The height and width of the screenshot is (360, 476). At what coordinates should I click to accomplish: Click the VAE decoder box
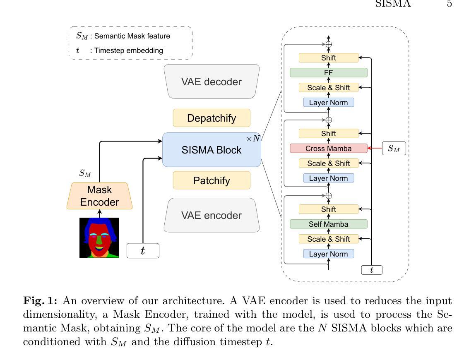click(212, 82)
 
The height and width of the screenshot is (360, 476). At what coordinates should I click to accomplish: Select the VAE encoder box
click(212, 215)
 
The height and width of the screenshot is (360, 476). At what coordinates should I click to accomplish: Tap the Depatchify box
click(212, 118)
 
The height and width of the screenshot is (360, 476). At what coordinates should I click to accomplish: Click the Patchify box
click(212, 180)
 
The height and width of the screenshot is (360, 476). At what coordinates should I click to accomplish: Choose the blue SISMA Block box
click(212, 150)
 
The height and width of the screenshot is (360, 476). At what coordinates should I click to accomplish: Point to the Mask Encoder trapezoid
click(100, 196)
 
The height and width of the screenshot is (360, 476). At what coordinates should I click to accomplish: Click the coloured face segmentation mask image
click(99, 238)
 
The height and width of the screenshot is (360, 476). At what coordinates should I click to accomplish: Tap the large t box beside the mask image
click(143, 251)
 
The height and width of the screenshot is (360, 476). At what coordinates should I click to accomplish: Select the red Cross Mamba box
click(329, 148)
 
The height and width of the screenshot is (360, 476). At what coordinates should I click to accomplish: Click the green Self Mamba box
click(329, 224)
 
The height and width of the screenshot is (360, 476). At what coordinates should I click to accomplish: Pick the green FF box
click(329, 73)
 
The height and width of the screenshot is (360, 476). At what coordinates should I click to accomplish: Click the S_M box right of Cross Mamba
click(394, 149)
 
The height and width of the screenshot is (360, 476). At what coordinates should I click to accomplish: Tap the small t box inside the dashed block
click(372, 270)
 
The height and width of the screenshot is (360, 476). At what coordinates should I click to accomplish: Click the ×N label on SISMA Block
click(253, 139)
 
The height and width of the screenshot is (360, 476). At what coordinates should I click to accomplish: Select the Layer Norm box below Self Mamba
click(329, 254)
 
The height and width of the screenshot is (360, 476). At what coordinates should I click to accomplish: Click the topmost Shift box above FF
click(329, 58)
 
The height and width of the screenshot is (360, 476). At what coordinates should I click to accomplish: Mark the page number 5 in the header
click(449, 4)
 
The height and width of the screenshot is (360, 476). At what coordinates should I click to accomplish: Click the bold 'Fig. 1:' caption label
click(40, 301)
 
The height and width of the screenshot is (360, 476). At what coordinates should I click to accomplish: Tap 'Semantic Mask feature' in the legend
click(132, 36)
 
